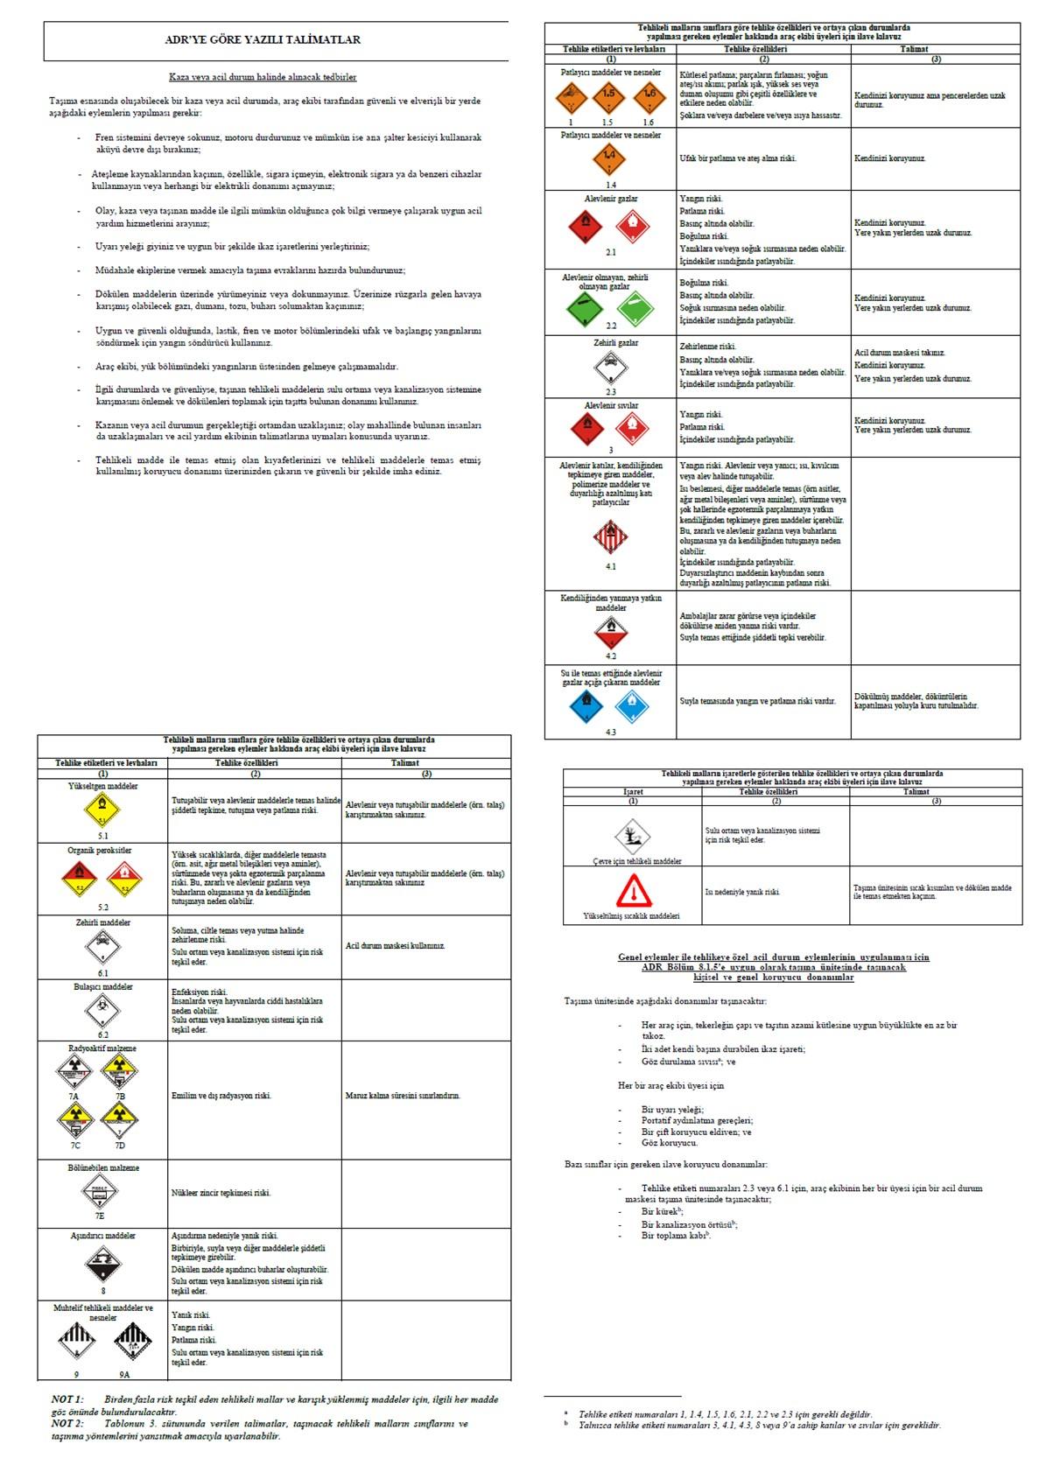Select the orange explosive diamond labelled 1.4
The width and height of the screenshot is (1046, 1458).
[610, 158]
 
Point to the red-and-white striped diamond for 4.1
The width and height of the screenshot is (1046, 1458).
[610, 536]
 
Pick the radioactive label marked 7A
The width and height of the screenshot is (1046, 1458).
[74, 1069]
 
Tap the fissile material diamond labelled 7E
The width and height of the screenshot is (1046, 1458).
[99, 1191]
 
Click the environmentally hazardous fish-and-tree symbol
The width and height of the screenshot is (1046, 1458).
[633, 836]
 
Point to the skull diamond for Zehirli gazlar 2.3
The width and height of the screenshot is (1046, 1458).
[610, 368]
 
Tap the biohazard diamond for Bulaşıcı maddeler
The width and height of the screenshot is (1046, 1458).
[102, 1013]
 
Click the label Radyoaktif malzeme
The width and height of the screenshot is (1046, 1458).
[102, 1048]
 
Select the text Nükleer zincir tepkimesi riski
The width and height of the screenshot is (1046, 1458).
[221, 1192]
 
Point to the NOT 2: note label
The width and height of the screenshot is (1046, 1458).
[67, 1423]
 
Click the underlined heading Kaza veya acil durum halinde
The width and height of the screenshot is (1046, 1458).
[263, 77]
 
